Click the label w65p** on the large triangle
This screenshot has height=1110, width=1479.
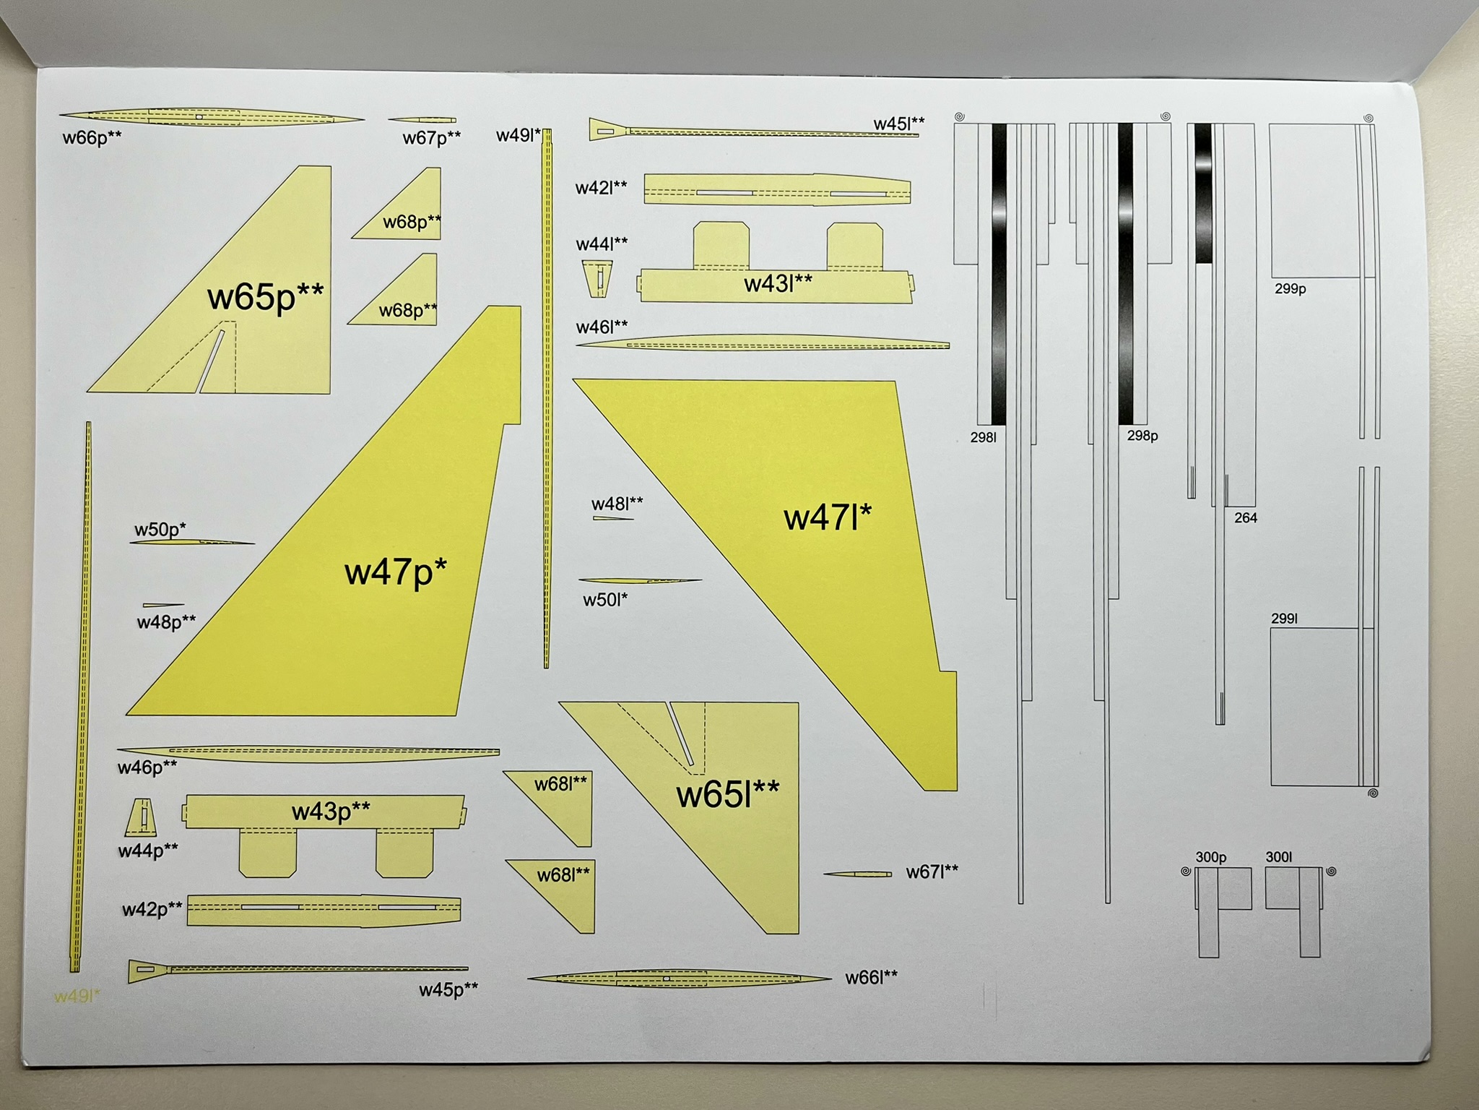pyautogui.click(x=265, y=296)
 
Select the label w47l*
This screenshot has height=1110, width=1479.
pyautogui.click(x=828, y=517)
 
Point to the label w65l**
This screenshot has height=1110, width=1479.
pyautogui.click(x=727, y=794)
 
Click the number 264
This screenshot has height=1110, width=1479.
pyautogui.click(x=1246, y=518)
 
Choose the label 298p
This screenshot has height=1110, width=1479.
pyautogui.click(x=1142, y=436)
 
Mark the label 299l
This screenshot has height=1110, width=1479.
pyautogui.click(x=1284, y=619)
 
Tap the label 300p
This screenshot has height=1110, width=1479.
pyautogui.click(x=1211, y=857)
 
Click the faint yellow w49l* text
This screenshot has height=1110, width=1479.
pyautogui.click(x=77, y=997)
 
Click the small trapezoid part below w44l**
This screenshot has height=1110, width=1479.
pyautogui.click(x=597, y=278)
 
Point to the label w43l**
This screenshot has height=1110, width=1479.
pyautogui.click(x=778, y=284)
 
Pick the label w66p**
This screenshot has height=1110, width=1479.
pyautogui.click(x=92, y=137)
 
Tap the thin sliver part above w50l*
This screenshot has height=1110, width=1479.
pyautogui.click(x=639, y=580)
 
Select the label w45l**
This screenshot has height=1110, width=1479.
pyautogui.click(x=899, y=124)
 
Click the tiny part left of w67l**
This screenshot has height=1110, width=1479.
pyautogui.click(x=858, y=874)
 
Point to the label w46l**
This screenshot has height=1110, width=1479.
pyautogui.click(x=602, y=327)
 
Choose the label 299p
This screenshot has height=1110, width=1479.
pyautogui.click(x=1291, y=289)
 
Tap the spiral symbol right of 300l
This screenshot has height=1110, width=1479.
pyautogui.click(x=1332, y=872)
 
